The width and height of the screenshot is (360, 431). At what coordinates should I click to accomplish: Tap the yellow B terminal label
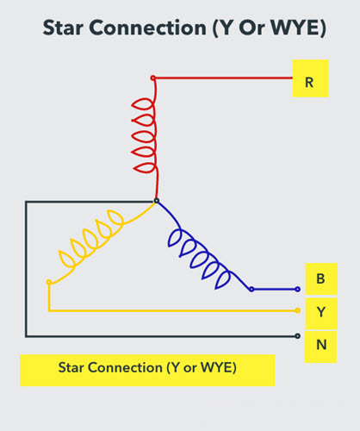pos(320,279)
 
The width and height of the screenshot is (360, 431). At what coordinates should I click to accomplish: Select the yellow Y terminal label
pos(320,311)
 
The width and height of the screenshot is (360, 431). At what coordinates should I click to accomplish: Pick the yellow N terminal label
pos(320,343)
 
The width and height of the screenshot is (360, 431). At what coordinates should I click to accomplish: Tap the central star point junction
pos(156,202)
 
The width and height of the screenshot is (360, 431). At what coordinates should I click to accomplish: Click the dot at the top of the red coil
pos(153,78)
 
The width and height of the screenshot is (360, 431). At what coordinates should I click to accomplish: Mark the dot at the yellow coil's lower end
pos(49,282)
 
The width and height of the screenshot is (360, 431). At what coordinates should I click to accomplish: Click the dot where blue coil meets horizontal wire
pos(251,290)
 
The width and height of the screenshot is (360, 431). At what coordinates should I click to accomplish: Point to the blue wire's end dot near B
pos(297,290)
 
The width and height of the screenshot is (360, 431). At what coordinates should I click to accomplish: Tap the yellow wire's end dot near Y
pos(297,311)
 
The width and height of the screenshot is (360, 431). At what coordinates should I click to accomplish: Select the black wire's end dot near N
pos(297,335)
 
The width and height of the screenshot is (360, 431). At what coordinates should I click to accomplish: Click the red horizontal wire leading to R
pos(224,78)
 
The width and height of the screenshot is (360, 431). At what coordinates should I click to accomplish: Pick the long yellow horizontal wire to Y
pos(172,311)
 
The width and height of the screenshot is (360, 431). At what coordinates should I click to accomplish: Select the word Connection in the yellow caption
pos(125,367)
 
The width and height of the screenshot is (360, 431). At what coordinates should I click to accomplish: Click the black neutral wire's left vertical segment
pos(26,267)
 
